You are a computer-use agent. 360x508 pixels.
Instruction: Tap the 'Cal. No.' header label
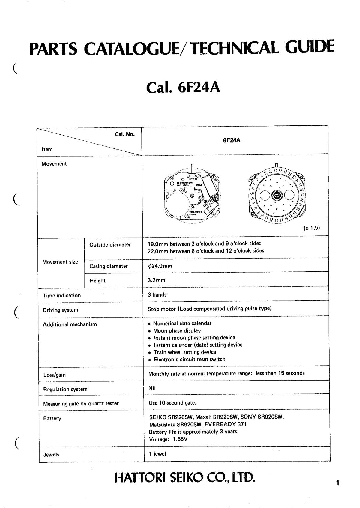coord(125,134)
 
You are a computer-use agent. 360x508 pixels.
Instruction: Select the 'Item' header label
coord(47,149)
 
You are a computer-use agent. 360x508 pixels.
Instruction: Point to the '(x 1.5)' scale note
coord(312,228)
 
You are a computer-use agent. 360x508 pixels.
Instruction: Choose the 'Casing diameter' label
coord(109,266)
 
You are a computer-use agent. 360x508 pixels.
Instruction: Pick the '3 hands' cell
coord(157,295)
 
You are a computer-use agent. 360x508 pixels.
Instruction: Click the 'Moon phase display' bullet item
coord(177,331)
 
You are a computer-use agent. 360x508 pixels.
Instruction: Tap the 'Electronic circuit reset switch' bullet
coord(189,359)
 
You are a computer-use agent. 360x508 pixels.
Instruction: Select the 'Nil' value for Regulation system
coord(152,388)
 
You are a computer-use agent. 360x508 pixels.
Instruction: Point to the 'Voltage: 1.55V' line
coord(168,439)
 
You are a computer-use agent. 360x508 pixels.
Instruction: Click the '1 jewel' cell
coord(157,454)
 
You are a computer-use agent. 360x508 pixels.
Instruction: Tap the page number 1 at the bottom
coord(337,483)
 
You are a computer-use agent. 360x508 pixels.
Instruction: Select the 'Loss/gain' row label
coord(54,375)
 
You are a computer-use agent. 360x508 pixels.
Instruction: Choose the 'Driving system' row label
coord(60,310)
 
